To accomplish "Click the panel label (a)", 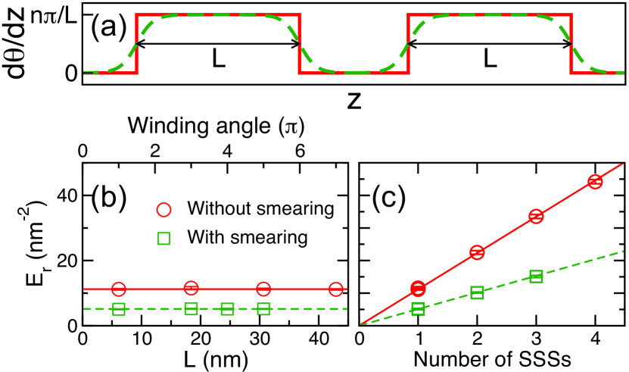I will tap(107, 31).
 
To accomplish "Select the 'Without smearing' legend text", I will tap(250, 208).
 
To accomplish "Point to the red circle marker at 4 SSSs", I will tap(595, 181).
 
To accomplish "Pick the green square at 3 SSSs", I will tap(536, 277).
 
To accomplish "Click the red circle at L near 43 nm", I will tap(336, 289).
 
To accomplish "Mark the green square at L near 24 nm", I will tap(227, 308).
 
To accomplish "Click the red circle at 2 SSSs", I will tap(477, 252).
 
